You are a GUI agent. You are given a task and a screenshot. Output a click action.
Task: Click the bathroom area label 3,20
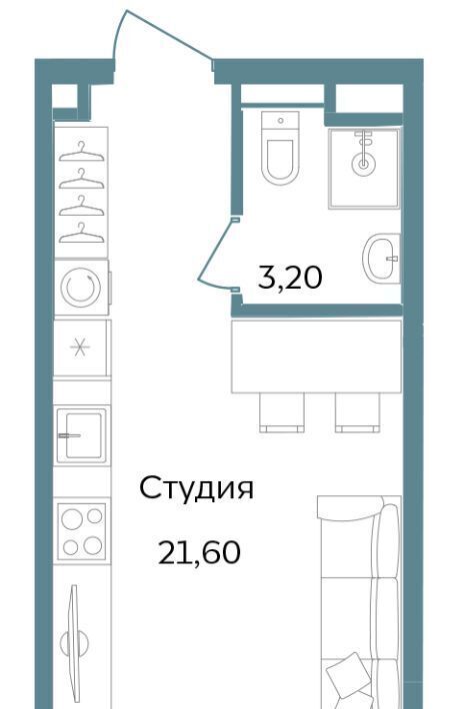pos(290,278)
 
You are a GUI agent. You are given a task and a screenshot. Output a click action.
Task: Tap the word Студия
pos(196,488)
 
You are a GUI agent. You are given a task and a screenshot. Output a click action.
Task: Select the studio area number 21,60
pos(199,552)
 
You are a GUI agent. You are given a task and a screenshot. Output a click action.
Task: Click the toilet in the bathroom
pos(280,148)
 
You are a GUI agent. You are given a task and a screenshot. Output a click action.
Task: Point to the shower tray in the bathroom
pos(364,168)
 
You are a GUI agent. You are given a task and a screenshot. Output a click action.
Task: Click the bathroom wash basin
pos(381,259)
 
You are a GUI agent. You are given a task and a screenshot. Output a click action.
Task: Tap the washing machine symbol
pos(81,288)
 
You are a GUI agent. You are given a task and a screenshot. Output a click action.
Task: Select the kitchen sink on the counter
pos(81,435)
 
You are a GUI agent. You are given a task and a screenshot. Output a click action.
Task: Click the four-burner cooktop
pos(82,531)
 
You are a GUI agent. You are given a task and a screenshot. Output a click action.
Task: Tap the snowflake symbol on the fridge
pos(80,348)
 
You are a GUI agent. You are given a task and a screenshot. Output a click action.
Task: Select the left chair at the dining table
pos(282,412)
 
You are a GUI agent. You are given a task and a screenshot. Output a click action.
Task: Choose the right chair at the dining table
pos(358,412)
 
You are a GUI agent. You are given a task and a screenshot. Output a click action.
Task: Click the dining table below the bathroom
pos(316,356)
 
